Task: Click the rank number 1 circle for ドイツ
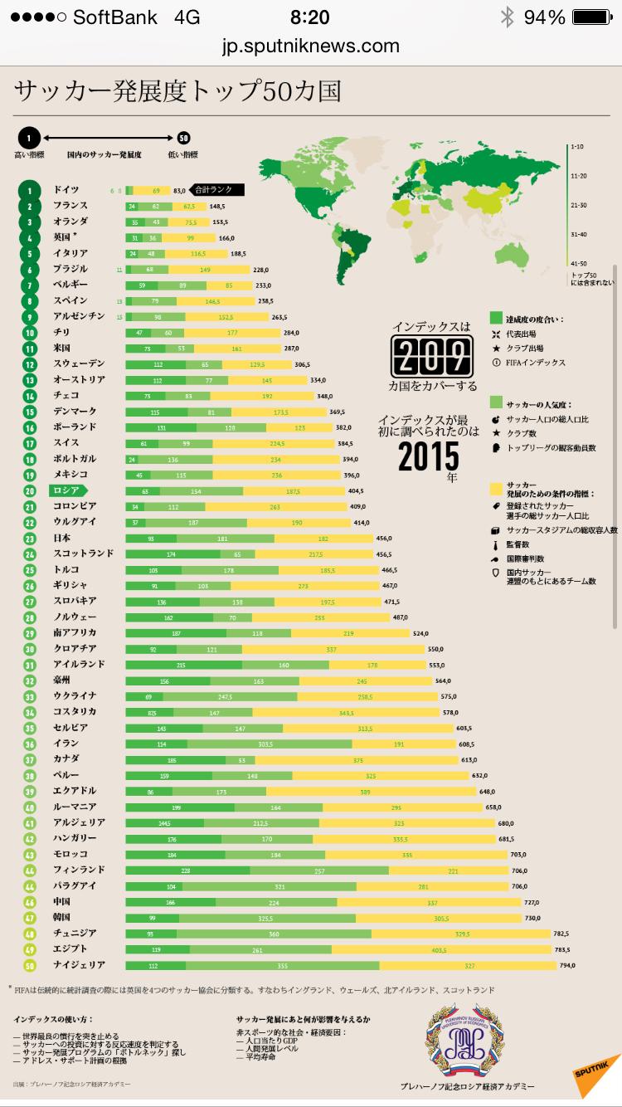pos(29,191)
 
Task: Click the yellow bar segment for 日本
pos(323,539)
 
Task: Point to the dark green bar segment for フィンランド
pos(187,870)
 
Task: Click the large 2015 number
pos(428,455)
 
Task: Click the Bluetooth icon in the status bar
pos(507,17)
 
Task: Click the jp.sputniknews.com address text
pos(311,46)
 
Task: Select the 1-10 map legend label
pos(578,147)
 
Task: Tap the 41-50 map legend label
pos(579,262)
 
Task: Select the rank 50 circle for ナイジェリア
pos(29,965)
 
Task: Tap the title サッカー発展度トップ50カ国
pos(177,90)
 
